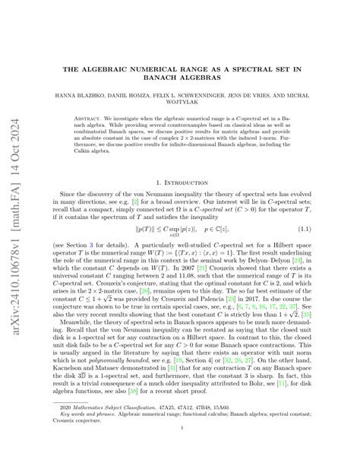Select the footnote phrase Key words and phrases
pos(86,437)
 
